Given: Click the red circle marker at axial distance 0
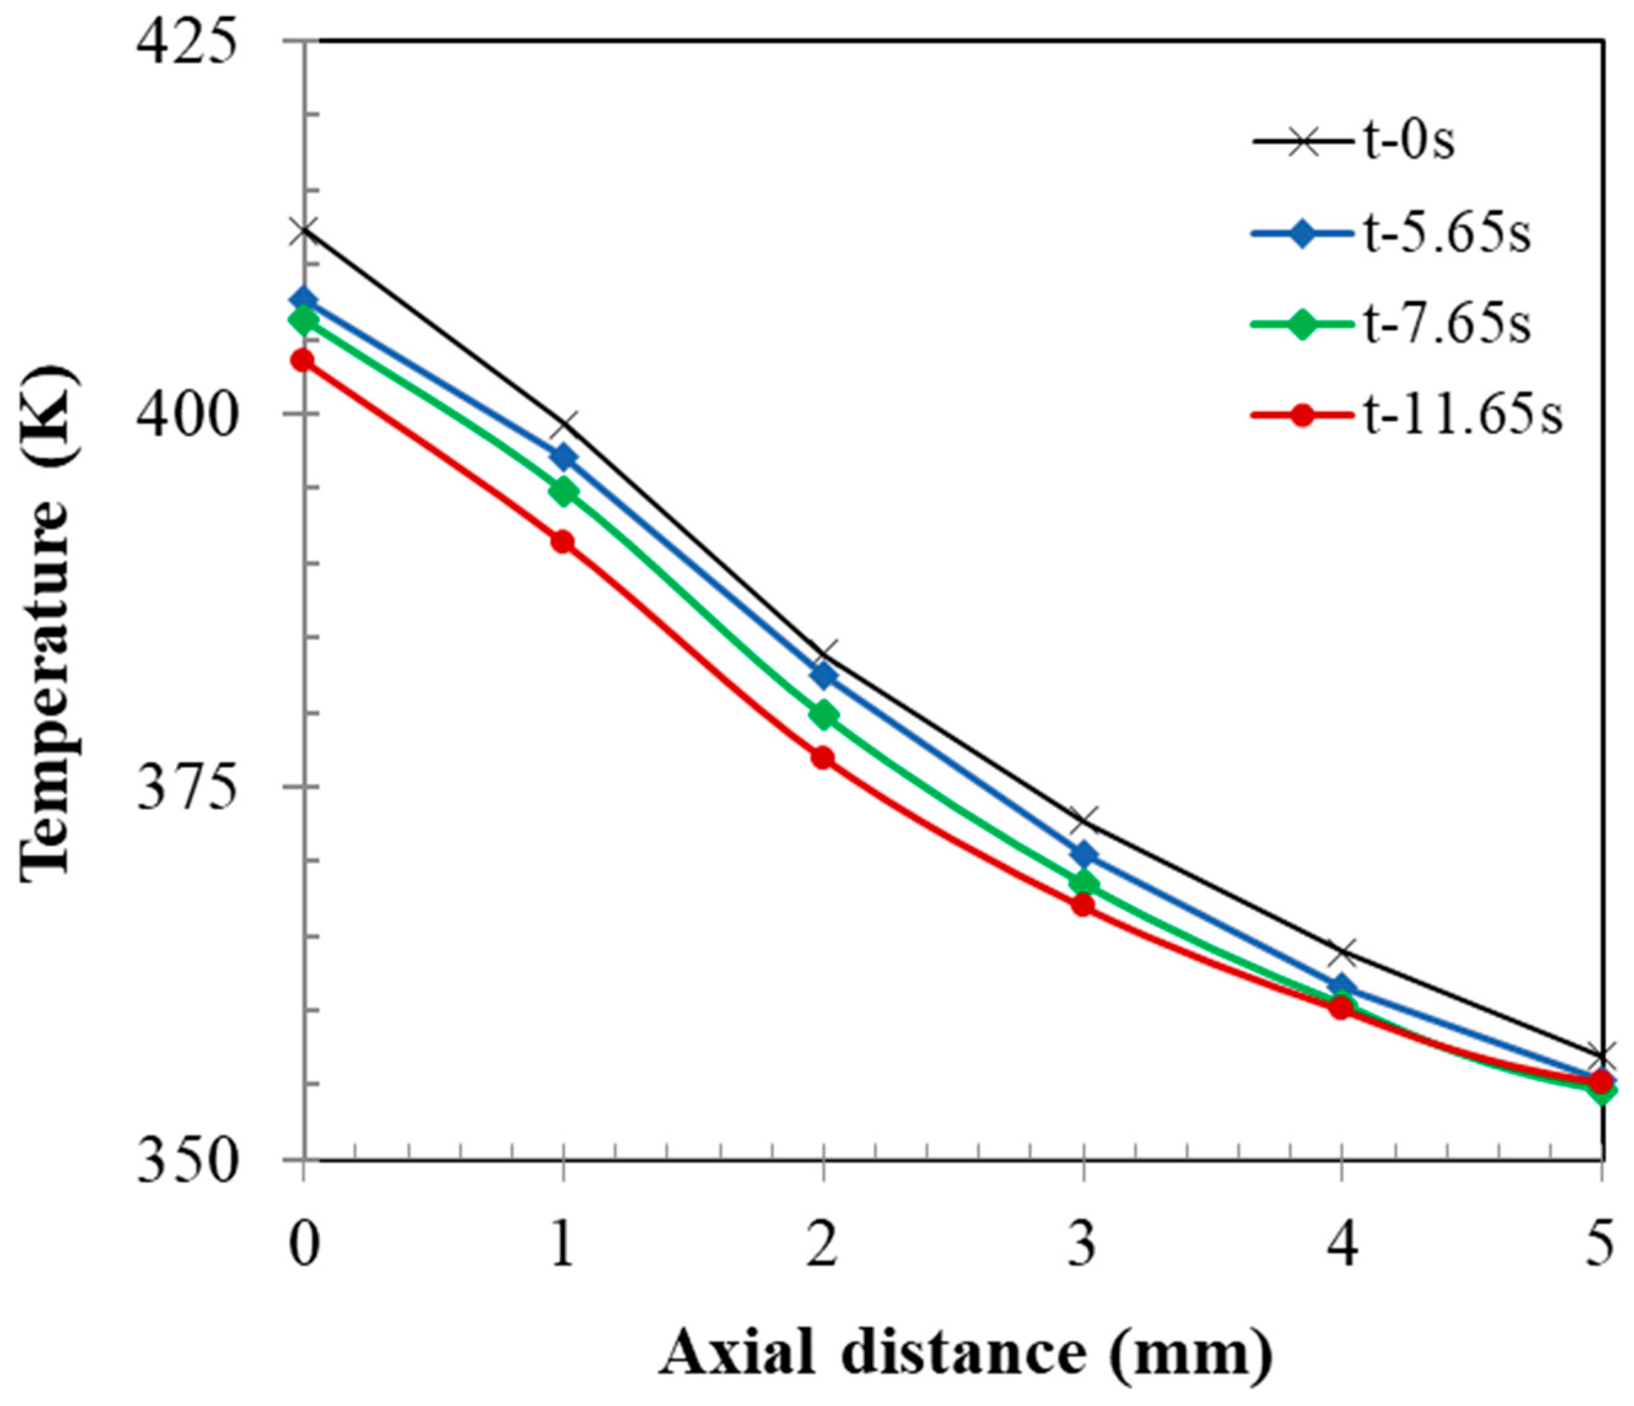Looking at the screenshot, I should click(303, 361).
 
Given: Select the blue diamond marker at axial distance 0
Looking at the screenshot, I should click(303, 299).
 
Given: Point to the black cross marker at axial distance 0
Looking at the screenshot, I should click(303, 231).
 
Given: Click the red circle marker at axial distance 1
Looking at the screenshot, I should click(562, 542).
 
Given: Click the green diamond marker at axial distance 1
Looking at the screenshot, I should click(562, 492).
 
